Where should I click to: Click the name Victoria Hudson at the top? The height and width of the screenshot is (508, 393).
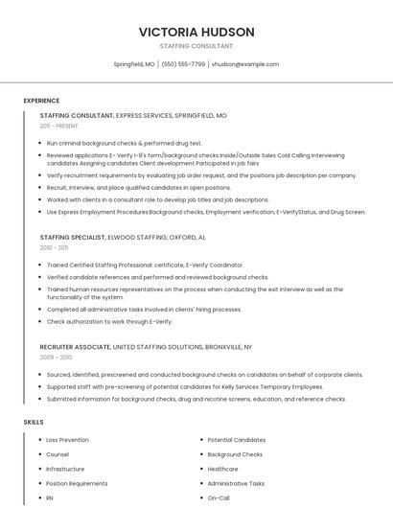[x=196, y=32]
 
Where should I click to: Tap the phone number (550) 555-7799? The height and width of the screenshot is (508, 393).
[x=183, y=64]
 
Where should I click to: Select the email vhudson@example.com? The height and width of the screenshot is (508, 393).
[x=244, y=64]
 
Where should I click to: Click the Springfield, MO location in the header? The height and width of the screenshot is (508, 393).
[x=134, y=64]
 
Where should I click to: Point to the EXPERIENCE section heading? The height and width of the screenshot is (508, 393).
[x=41, y=101]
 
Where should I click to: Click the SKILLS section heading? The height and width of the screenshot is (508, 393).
[x=34, y=422]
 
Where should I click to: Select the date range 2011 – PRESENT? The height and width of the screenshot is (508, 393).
[x=59, y=126]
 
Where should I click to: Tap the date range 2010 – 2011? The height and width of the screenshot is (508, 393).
[x=54, y=247]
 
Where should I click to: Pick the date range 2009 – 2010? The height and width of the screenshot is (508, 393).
[x=55, y=357]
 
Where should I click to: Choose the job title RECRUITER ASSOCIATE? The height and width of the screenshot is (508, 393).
[x=75, y=346]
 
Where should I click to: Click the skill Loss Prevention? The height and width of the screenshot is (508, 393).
[x=67, y=440]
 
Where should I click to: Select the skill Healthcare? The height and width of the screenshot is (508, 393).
[x=222, y=469]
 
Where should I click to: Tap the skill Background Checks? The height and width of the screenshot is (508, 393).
[x=235, y=454]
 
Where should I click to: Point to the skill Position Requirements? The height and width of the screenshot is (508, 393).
[x=77, y=484]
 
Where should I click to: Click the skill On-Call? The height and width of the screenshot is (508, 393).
[x=219, y=498]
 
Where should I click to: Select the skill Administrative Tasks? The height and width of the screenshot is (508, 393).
[x=236, y=484]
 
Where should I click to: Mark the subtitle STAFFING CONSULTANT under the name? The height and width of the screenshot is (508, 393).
[x=196, y=46]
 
